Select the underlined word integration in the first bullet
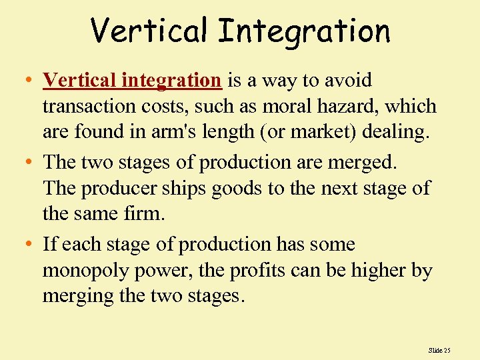coord(171,81)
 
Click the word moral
coord(273,107)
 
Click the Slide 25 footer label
coord(439,349)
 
